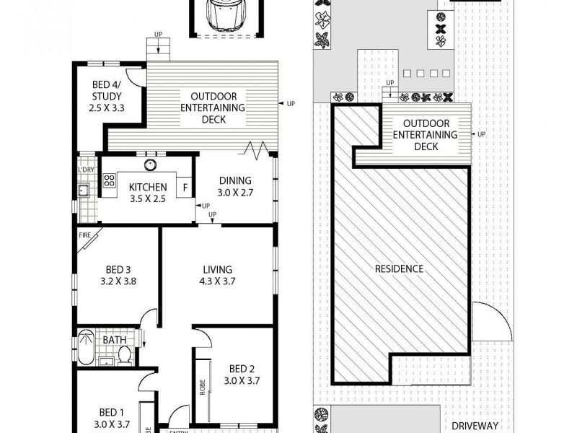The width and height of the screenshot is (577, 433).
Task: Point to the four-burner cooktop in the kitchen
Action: (109, 181)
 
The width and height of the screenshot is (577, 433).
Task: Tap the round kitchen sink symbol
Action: (149, 164)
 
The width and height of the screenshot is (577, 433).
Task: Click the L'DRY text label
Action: (86, 170)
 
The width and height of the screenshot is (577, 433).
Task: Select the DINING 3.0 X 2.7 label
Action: (234, 186)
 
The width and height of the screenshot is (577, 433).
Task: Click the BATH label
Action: (114, 338)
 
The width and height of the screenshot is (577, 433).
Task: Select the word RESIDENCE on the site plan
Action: (399, 268)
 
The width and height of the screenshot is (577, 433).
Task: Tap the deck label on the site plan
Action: (431, 135)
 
